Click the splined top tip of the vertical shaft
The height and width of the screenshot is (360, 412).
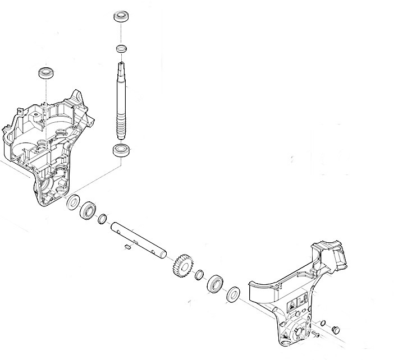pos(122,67)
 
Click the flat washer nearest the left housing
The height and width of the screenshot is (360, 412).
pos(73,202)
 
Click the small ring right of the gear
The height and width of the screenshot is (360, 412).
pos(199,275)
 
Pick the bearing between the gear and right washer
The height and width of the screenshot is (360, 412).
pos(215,284)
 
